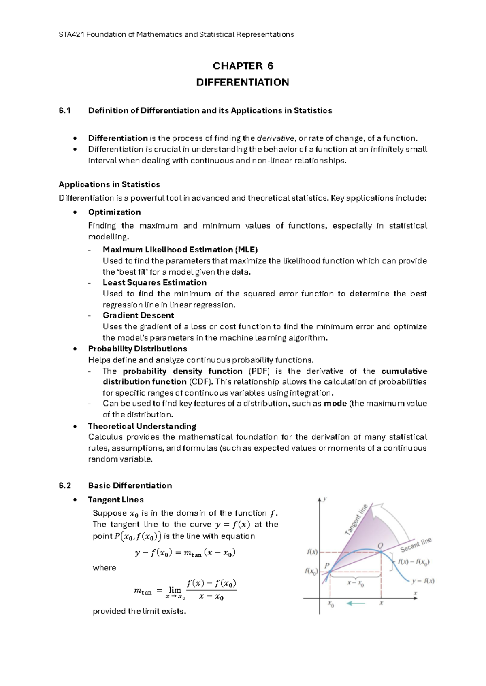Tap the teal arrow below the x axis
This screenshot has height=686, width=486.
point(356,603)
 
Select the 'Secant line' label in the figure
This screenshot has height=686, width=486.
point(416,544)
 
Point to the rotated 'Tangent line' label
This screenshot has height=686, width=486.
point(356,519)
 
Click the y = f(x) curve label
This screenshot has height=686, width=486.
point(423,581)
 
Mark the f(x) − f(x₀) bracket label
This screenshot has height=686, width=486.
point(414,562)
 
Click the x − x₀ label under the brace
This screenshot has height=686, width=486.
point(355,583)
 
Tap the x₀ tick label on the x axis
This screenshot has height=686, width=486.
point(330,604)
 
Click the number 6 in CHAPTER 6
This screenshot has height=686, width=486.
point(270,66)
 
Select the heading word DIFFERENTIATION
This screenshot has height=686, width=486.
point(242,83)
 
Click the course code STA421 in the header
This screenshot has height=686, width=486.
point(71,34)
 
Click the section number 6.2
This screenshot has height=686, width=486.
point(65,485)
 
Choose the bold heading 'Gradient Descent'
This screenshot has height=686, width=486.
point(138,315)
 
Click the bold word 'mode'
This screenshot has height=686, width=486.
point(335,403)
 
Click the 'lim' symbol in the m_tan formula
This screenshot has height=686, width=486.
point(175,590)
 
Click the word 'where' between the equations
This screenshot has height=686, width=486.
point(104,567)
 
